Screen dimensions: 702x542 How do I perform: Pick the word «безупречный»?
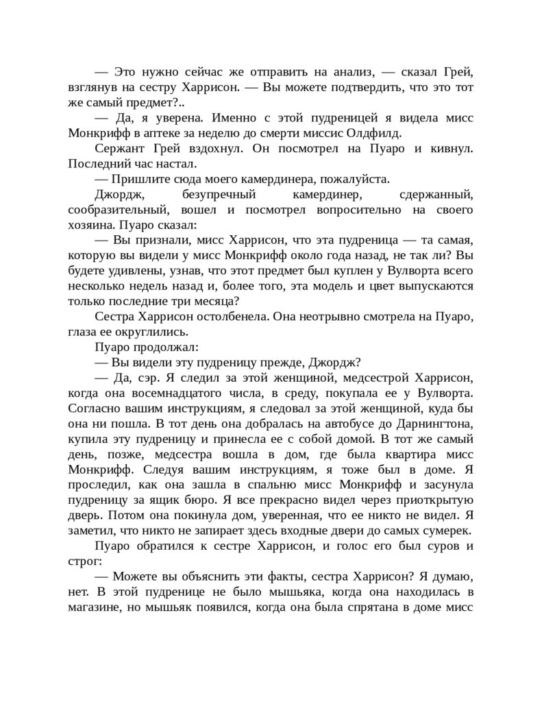(x=208, y=193)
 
